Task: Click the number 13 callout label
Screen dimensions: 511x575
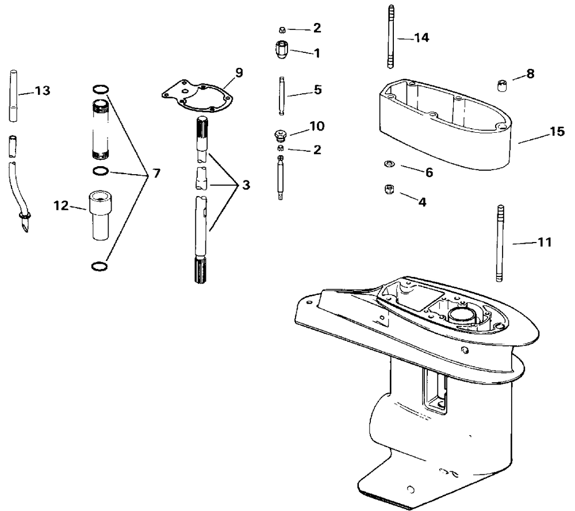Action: [x=43, y=90]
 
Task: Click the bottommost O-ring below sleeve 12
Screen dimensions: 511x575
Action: [x=99, y=266]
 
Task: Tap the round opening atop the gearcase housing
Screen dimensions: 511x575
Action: [x=465, y=314]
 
